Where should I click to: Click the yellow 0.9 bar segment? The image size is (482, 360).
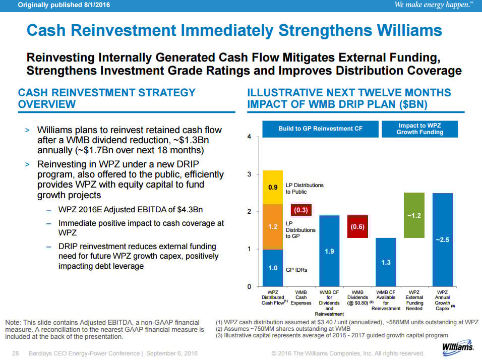(x=273, y=187)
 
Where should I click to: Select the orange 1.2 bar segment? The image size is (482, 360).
(x=273, y=227)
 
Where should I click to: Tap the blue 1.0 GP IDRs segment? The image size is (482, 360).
(x=273, y=268)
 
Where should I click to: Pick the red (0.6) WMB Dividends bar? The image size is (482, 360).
(x=357, y=226)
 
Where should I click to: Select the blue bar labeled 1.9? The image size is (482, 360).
(x=329, y=251)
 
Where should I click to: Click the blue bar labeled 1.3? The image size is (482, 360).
(x=386, y=262)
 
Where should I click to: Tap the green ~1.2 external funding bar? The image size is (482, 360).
(x=414, y=215)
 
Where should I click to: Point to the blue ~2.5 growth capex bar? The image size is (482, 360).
(x=442, y=239)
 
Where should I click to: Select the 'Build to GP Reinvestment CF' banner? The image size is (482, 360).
(x=320, y=129)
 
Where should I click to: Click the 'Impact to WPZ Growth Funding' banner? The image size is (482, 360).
(x=419, y=129)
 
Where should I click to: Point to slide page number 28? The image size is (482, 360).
(x=15, y=353)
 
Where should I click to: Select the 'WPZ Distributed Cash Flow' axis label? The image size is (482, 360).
(x=273, y=297)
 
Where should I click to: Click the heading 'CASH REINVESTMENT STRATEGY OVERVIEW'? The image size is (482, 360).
(x=106, y=98)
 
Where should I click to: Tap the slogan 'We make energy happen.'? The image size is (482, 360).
(x=434, y=5)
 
